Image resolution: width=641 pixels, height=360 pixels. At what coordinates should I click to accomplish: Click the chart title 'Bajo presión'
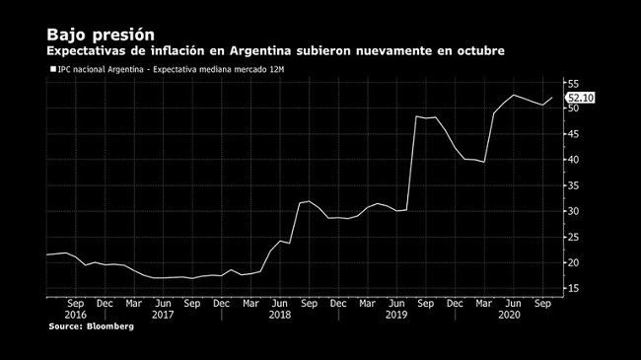coord(101,36)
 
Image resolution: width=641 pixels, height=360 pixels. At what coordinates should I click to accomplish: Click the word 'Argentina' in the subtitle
coord(260,51)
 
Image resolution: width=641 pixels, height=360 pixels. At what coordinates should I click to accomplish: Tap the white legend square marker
coord(53,69)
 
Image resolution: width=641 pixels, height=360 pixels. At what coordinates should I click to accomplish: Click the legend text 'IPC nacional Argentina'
coord(101,70)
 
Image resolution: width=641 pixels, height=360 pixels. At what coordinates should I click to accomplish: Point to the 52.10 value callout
coord(580,98)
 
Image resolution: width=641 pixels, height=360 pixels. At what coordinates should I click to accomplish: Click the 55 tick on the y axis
coord(573,84)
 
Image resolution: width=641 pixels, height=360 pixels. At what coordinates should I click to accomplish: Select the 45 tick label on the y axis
coord(573,134)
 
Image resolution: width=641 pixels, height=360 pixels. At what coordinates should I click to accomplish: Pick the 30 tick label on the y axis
coord(573,211)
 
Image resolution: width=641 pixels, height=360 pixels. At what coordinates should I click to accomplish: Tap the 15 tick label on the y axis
coord(573,288)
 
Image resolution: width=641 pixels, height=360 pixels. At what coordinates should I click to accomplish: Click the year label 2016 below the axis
coord(76,315)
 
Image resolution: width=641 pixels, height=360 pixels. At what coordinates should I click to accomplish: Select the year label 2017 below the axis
coord(163,315)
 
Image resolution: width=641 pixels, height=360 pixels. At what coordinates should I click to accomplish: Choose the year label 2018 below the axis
coord(280,315)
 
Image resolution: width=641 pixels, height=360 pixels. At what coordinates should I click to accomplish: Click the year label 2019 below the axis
coord(396,315)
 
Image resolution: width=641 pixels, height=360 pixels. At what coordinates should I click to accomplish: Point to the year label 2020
coord(509,315)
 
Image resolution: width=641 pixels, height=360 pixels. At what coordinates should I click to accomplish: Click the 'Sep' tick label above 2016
coord(76,304)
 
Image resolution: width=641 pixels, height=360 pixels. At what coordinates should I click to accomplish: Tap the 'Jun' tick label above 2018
coord(280,304)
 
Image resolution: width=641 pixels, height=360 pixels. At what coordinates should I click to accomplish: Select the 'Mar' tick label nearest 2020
coord(484,304)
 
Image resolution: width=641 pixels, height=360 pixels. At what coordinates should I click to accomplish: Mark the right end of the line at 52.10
coord(552,98)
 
